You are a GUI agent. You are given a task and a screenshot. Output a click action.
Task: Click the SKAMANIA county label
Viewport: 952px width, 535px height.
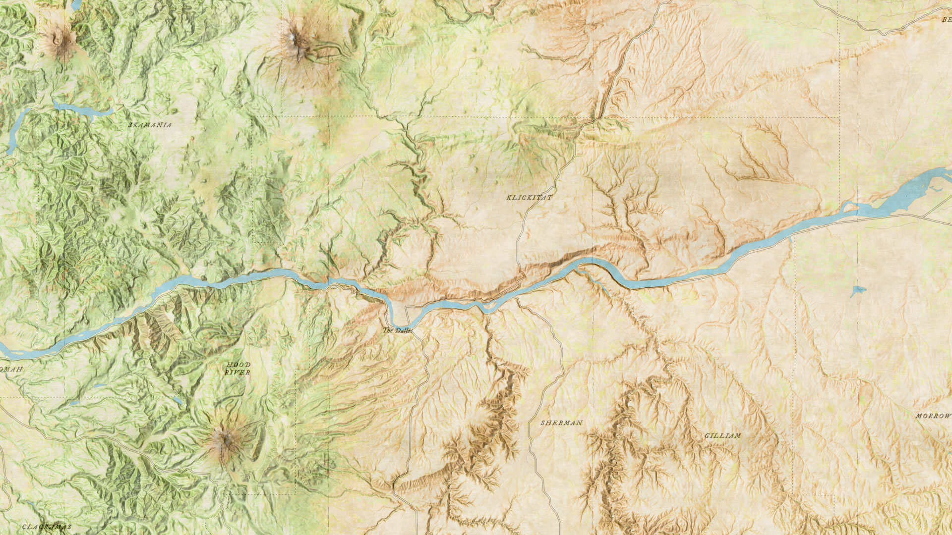[x=150, y=125]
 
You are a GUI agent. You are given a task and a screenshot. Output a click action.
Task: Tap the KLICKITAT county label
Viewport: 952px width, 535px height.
[x=529, y=198]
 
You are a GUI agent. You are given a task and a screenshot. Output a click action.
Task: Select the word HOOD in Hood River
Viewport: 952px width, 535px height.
[x=238, y=365]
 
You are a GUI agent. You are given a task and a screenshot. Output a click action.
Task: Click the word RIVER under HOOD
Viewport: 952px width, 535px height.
[x=238, y=372]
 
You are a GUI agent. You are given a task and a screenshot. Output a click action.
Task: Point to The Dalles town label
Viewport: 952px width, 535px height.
[x=397, y=330]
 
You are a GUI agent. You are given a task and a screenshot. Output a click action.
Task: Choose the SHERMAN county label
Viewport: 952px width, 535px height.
[x=561, y=423]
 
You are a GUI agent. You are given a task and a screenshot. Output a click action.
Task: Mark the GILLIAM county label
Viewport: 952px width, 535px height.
[x=722, y=436]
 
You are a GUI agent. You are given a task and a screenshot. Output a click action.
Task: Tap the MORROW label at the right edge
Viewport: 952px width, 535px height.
[x=933, y=416]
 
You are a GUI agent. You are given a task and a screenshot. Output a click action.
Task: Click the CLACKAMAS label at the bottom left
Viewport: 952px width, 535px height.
[x=47, y=527]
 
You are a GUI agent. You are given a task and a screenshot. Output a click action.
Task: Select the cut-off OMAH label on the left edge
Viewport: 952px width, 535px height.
[x=11, y=369]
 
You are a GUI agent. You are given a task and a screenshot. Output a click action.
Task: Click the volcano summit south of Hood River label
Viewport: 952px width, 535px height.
[x=224, y=438]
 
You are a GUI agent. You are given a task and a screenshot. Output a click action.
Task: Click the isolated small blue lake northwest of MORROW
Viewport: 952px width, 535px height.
[x=857, y=291]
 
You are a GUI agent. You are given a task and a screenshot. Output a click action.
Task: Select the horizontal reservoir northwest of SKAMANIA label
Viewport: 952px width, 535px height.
[x=82, y=109]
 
